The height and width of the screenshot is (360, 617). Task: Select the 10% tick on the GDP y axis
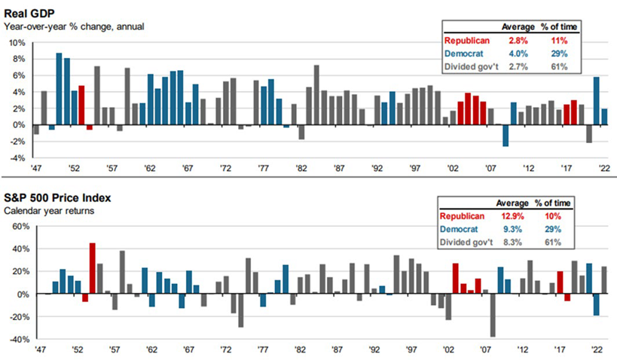[17, 43]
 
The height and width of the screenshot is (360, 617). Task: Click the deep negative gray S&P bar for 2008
[493, 315]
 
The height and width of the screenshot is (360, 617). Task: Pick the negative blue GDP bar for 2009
[506, 136]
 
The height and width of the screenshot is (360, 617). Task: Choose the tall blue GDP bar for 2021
[597, 101]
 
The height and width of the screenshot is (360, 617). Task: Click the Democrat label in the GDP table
[464, 53]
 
